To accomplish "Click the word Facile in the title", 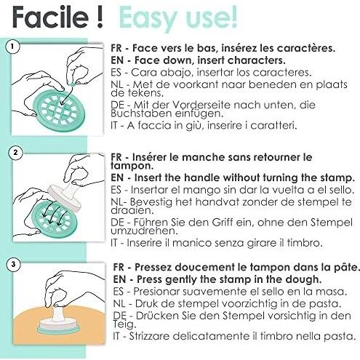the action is (x=50, y=17).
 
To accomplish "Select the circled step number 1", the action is (x=12, y=47).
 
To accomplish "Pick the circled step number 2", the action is (x=15, y=153).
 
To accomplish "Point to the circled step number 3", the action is (x=13, y=264).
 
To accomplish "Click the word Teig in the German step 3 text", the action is (x=124, y=324).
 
